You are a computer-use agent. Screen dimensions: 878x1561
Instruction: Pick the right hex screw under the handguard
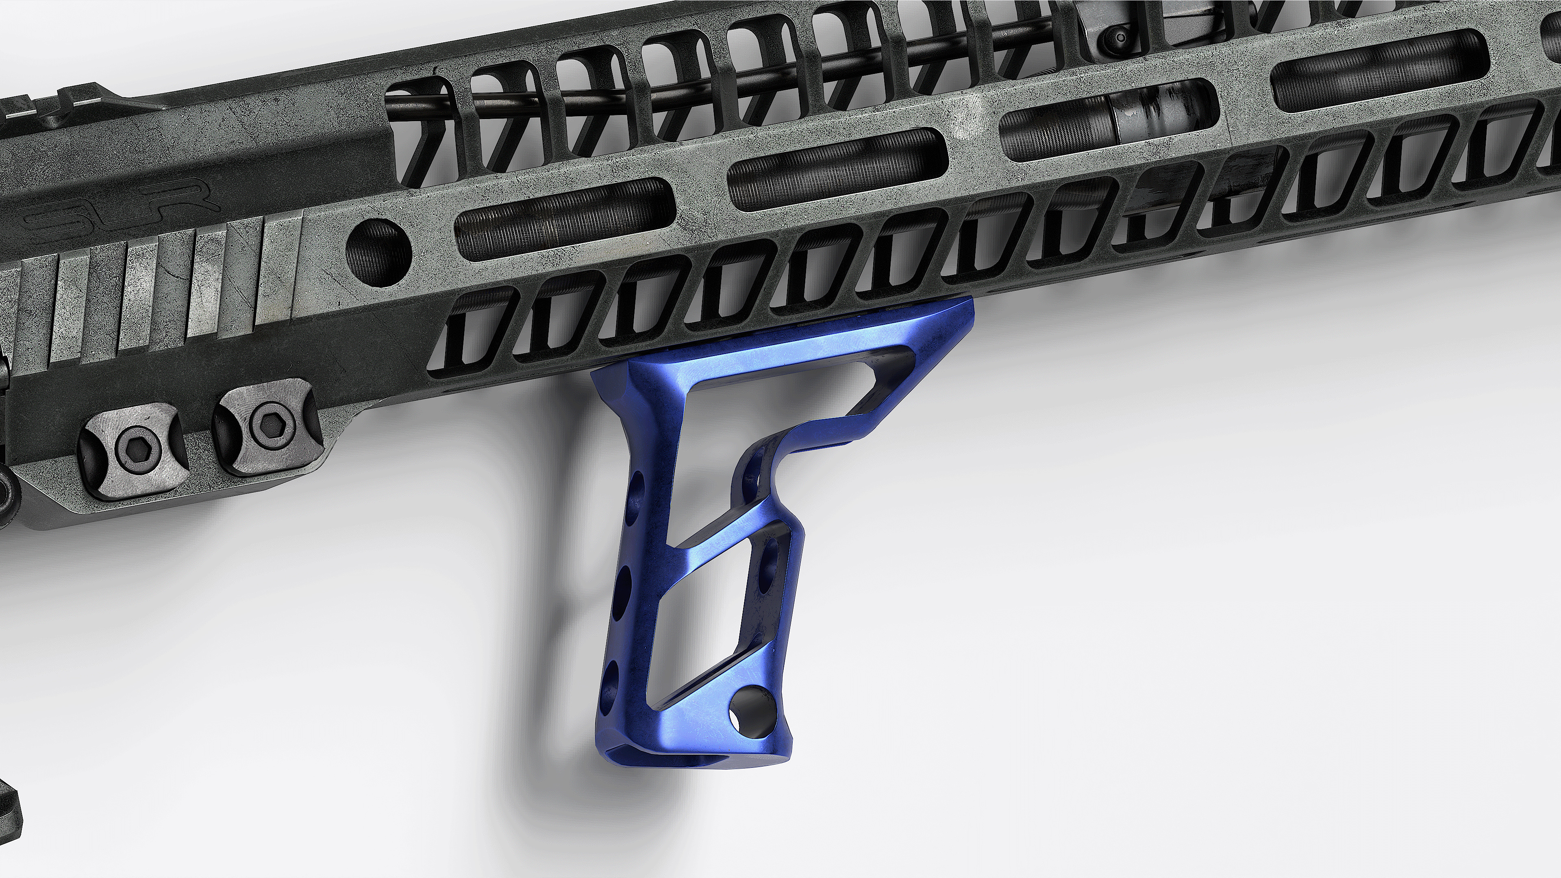pos(267,420)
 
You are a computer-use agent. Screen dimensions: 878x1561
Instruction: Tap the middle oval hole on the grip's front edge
pos(621,588)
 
